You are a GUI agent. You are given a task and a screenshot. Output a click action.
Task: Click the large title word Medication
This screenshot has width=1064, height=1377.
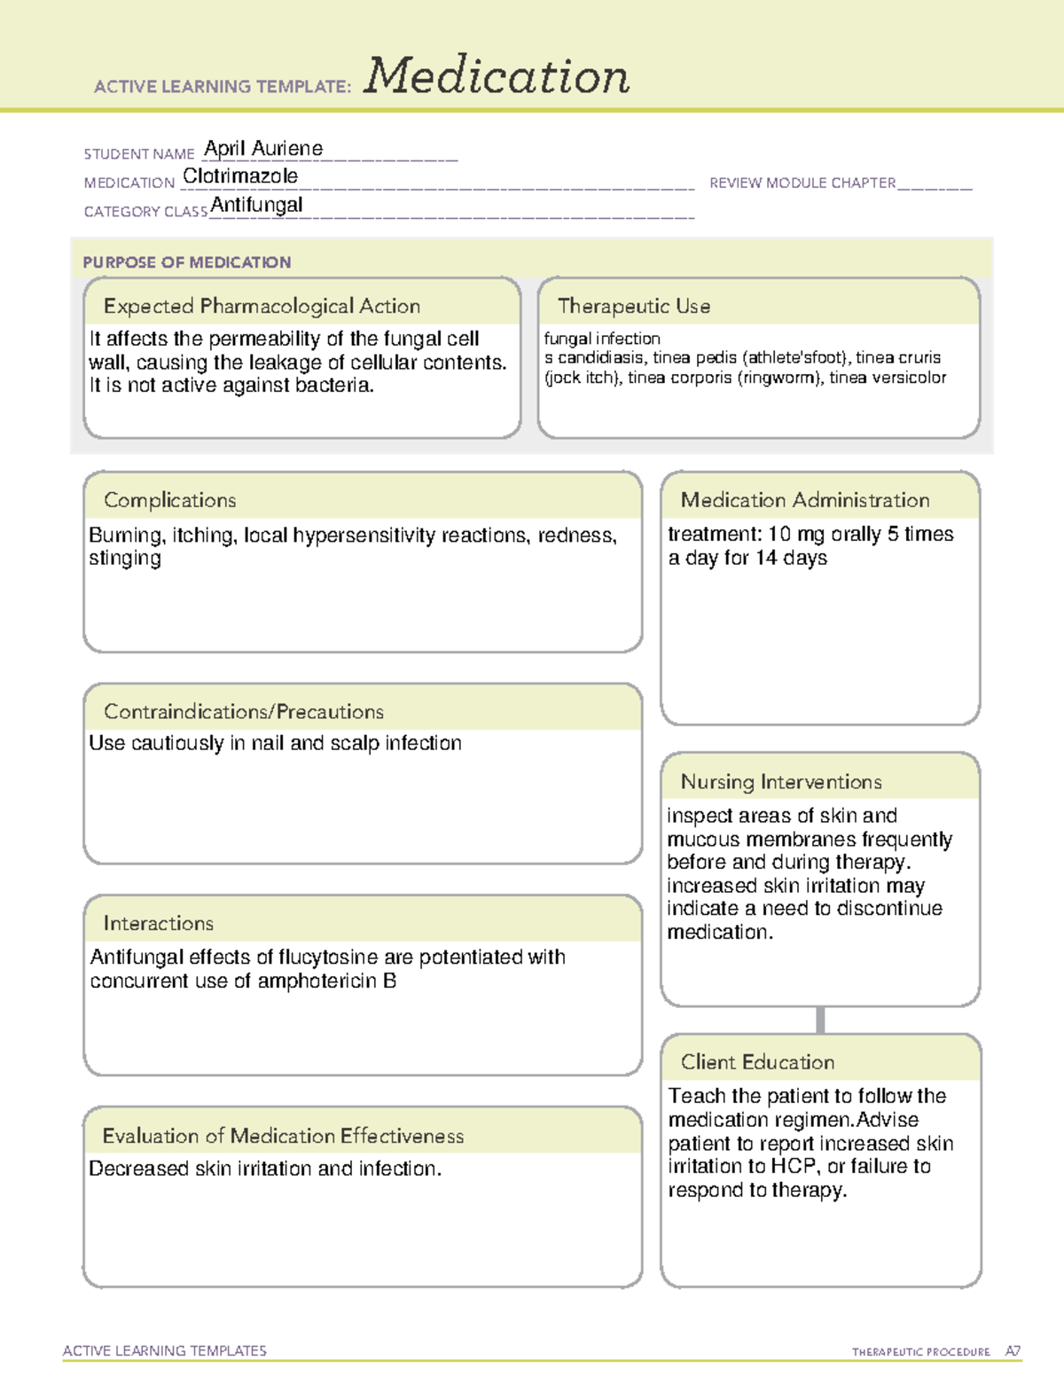(497, 76)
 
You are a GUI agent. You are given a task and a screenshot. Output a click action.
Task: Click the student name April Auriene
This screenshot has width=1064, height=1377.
(263, 149)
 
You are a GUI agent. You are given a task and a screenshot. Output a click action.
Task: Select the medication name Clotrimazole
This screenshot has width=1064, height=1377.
(240, 176)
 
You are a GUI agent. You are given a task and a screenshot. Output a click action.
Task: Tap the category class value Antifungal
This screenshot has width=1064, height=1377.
(256, 205)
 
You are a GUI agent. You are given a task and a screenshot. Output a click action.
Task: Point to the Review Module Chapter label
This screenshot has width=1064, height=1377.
(802, 183)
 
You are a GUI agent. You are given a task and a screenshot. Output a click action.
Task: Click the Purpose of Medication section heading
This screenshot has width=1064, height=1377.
(186, 262)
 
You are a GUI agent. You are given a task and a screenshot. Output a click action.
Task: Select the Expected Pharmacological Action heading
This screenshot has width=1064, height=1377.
(262, 306)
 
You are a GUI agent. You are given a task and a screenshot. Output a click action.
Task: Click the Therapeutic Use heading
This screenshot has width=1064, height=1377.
(633, 306)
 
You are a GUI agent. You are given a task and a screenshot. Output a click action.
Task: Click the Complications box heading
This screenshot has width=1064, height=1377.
(169, 500)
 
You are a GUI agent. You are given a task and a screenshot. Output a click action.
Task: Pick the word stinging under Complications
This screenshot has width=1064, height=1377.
(125, 559)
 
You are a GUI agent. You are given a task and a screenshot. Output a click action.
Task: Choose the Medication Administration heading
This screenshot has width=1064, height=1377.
(804, 500)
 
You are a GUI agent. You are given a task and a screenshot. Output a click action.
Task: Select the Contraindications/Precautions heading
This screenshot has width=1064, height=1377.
(243, 712)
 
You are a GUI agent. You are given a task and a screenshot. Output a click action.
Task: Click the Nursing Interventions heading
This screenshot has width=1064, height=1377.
(780, 782)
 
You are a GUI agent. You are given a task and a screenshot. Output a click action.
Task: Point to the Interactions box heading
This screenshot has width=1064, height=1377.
(158, 924)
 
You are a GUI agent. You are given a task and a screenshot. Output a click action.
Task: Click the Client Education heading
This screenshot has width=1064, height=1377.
(757, 1062)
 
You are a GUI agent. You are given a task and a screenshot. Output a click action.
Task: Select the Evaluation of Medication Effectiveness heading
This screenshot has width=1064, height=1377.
(283, 1136)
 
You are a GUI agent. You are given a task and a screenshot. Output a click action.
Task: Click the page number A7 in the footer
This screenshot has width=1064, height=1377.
(1012, 1351)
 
